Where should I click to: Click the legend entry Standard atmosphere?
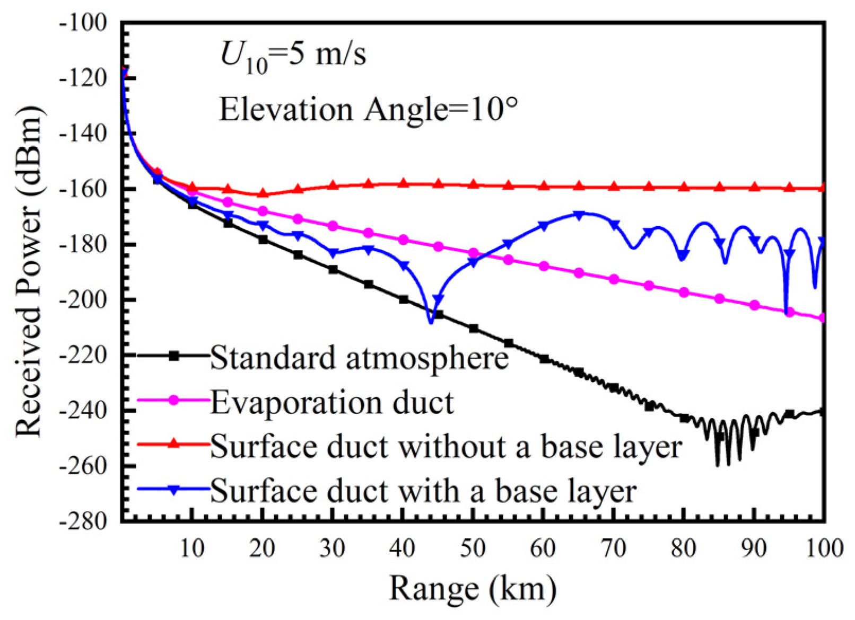[x=359, y=358]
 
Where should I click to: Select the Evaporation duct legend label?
[x=332, y=403]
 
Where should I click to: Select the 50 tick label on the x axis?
[x=472, y=548]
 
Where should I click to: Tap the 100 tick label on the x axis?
[x=824, y=548]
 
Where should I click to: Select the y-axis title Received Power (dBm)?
[x=29, y=271]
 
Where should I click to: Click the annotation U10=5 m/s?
[x=293, y=56]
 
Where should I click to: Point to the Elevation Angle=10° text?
[x=369, y=110]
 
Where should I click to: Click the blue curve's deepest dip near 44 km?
[x=431, y=321]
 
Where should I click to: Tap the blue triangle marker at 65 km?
[x=579, y=215]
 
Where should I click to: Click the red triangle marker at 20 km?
[x=263, y=193]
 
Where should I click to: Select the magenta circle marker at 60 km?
[x=544, y=266]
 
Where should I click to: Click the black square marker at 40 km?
[x=403, y=299]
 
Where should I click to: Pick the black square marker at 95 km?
[x=789, y=414]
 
